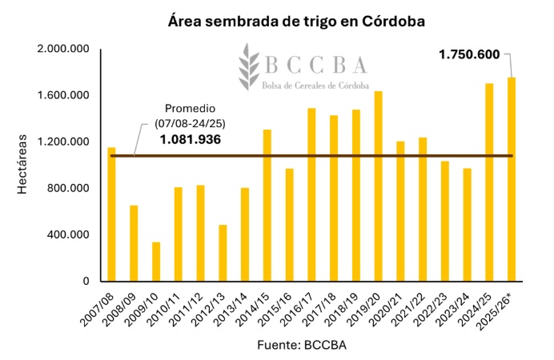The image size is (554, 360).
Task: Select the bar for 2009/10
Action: click(156, 262)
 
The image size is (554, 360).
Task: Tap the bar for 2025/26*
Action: click(511, 179)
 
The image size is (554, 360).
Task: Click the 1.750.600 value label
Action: click(469, 54)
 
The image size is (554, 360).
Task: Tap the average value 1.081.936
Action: click(190, 139)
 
